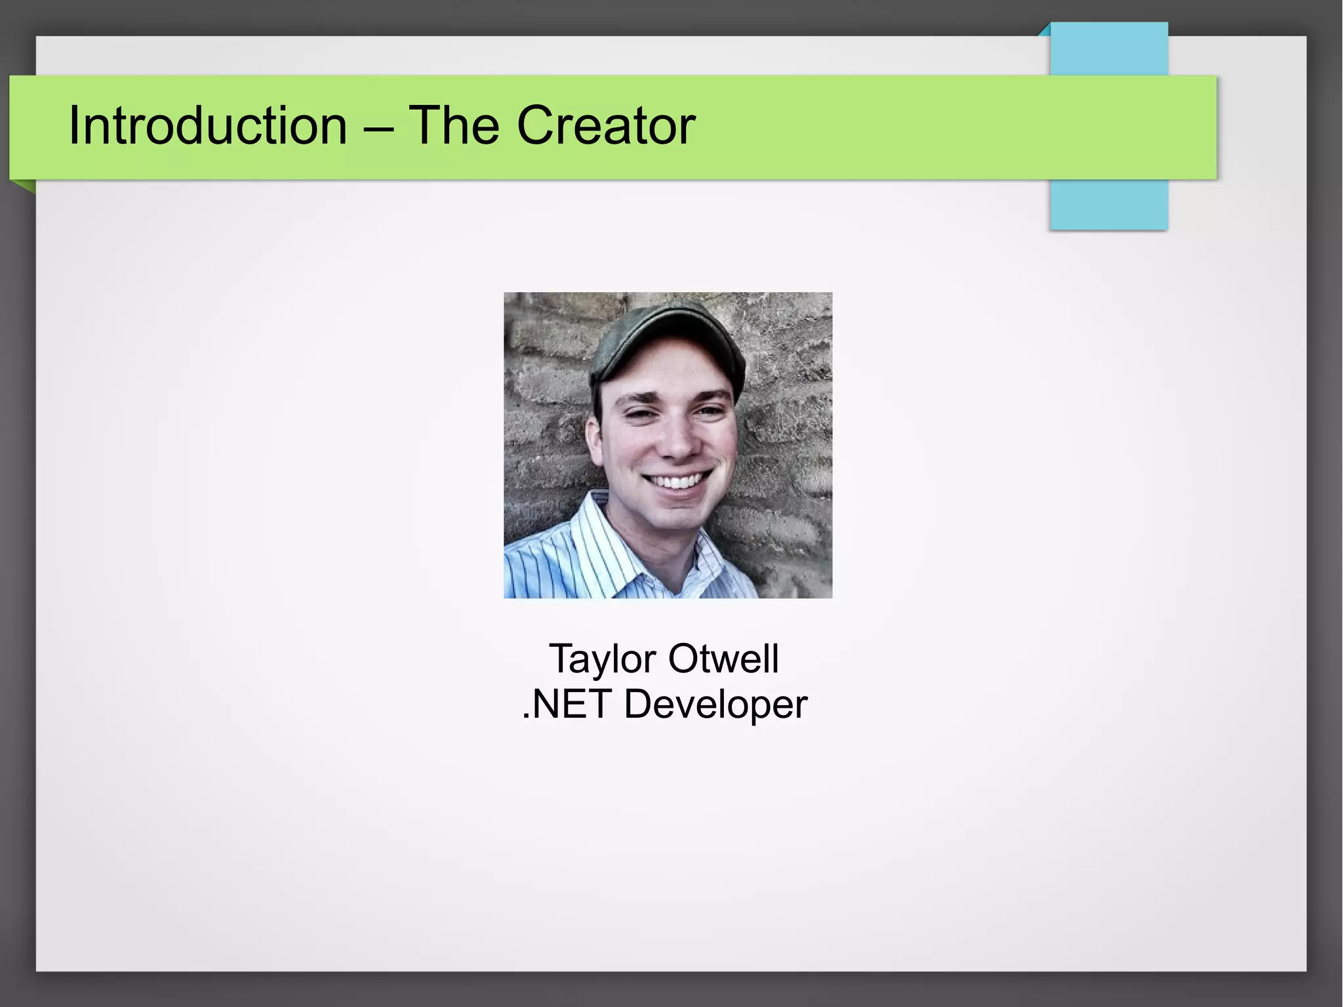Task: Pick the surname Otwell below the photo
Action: click(x=723, y=659)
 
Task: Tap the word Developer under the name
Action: click(x=715, y=706)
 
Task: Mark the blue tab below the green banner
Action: click(x=1108, y=205)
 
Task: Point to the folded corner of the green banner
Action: click(x=24, y=186)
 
